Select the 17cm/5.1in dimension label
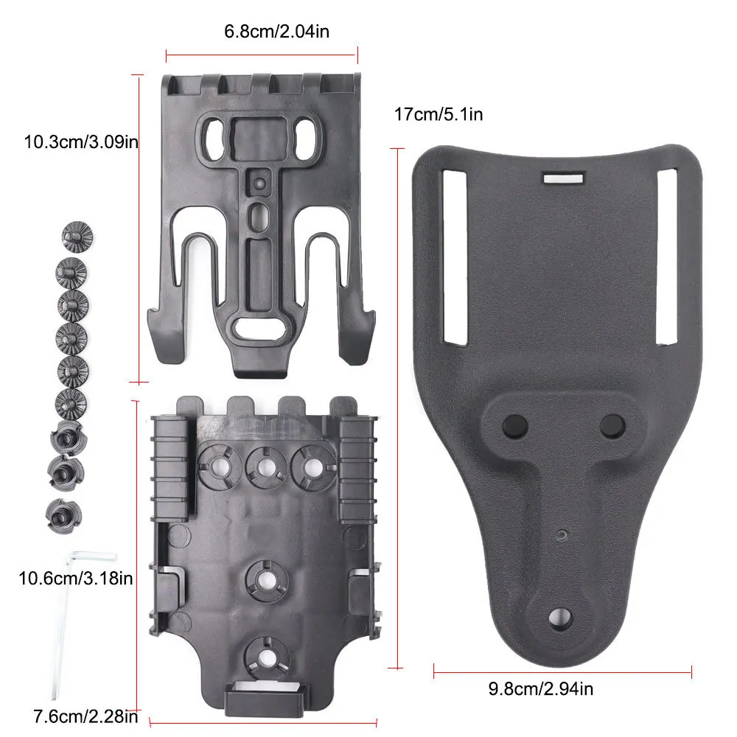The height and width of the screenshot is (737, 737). click(439, 114)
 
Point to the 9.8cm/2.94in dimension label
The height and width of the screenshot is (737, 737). click(541, 690)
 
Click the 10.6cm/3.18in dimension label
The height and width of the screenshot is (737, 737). click(76, 579)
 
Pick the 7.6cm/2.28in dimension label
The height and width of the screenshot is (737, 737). click(85, 716)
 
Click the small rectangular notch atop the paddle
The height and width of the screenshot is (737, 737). click(562, 178)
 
